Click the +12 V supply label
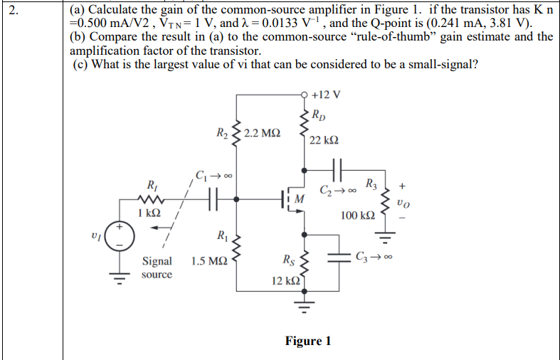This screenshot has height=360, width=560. click(326, 95)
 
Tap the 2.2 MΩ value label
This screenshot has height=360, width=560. click(261, 133)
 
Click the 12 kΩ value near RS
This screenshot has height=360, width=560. click(285, 282)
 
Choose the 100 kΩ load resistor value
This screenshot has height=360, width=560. click(358, 215)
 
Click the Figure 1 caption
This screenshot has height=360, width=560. click(308, 341)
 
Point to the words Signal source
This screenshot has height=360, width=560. click(157, 268)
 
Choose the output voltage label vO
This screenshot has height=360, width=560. click(404, 203)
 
